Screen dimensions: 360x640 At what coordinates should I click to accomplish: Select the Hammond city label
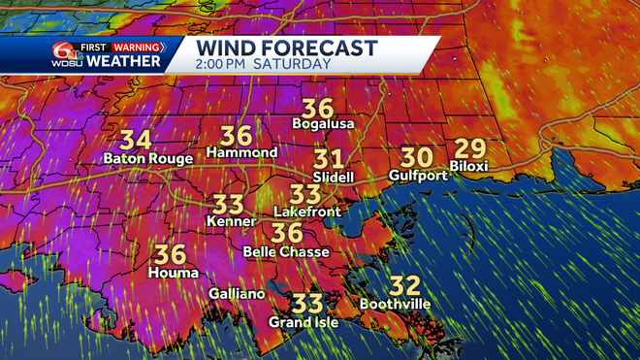[x=241, y=153]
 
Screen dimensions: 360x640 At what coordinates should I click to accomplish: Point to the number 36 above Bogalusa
[x=319, y=108]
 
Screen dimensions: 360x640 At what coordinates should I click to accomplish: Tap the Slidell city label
[x=333, y=178]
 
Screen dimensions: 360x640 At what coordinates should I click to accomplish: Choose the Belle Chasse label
[x=286, y=251]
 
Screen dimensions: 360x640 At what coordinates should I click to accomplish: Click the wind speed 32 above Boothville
[x=405, y=285]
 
